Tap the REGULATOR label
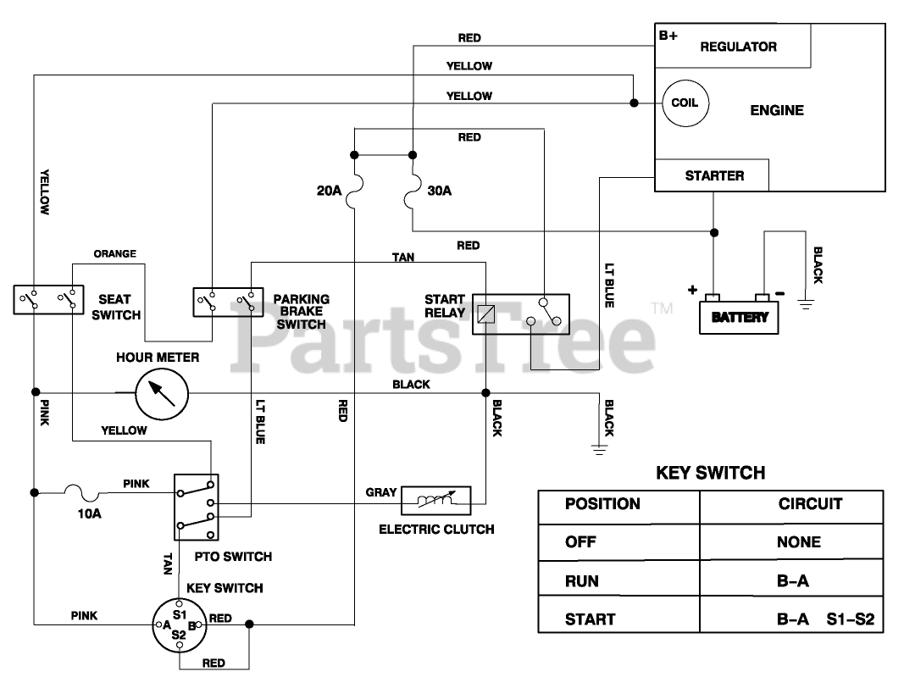(738, 47)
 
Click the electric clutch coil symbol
(435, 500)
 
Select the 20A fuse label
(330, 191)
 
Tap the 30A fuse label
(440, 191)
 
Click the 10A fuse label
(89, 513)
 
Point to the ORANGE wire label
(114, 253)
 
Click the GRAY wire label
(381, 492)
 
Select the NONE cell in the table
(798, 542)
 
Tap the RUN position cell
(582, 581)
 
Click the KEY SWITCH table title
(710, 473)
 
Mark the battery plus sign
(692, 290)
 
